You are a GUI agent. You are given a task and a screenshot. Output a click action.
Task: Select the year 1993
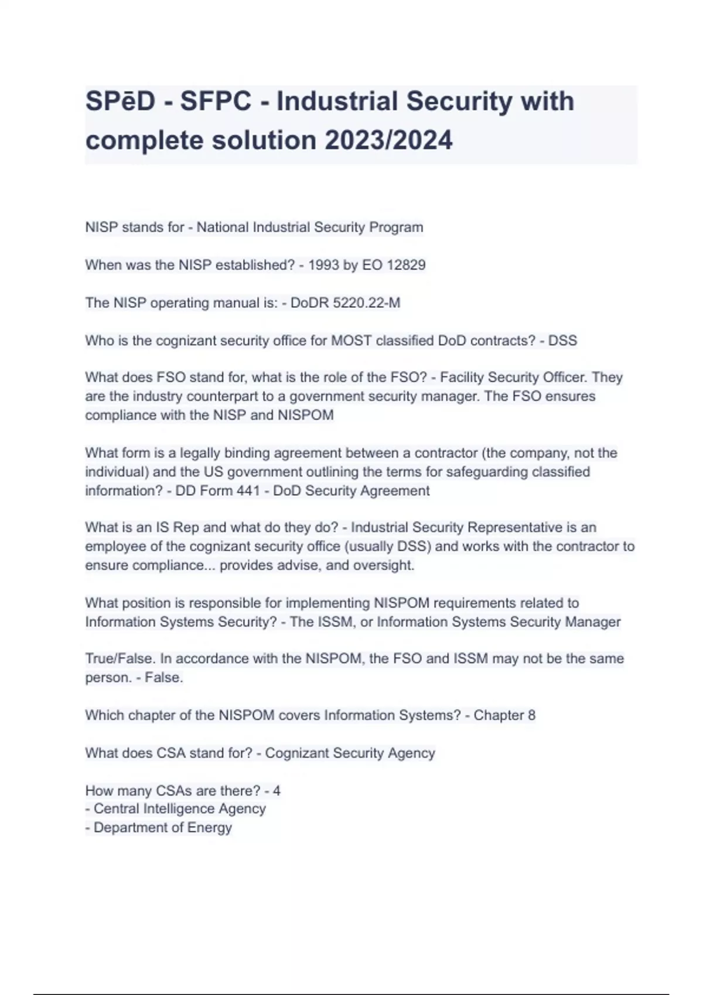coord(323,265)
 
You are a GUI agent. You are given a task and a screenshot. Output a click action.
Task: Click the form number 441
coord(248,490)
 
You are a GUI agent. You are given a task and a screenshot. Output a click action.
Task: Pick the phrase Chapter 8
coord(504,715)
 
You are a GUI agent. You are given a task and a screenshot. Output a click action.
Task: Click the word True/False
coord(120,659)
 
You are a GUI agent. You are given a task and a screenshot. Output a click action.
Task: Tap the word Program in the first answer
coord(395,227)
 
